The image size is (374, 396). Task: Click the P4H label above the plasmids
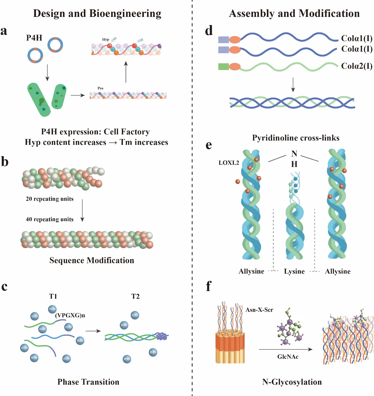34,38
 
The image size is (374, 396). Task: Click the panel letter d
209,31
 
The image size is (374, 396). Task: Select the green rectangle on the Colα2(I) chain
223,67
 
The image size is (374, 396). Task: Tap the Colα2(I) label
357,66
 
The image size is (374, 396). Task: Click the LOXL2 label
229,163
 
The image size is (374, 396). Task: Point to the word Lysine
294,271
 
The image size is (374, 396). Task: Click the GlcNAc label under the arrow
288,357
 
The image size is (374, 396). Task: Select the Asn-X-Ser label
259,310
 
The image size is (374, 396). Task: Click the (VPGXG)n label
70,315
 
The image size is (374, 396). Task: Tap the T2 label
135,296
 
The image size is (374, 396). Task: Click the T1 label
53,296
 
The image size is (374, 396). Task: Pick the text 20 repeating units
50,199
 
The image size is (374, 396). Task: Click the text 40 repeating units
50,219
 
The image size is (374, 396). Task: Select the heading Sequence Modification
92,260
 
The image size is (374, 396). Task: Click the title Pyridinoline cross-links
296,138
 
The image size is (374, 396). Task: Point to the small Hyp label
105,39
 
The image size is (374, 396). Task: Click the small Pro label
100,88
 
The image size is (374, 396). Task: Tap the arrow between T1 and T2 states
93,331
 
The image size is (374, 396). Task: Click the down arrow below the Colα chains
293,85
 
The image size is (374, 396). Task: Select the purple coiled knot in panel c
162,337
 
